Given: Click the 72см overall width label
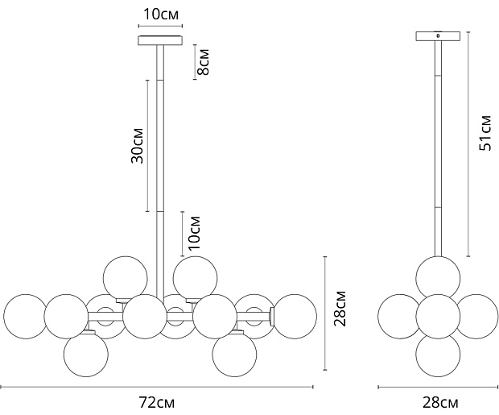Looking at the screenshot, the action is coord(157,403).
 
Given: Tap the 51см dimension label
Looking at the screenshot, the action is coord(485,133).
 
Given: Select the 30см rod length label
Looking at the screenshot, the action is coord(138,146).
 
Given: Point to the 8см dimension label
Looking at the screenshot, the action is coord(203,62).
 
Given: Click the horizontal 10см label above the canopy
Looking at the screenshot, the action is coord(161,15).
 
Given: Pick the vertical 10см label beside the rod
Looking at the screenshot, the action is coord(195,233).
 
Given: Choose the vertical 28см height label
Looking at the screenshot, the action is coord(340,308).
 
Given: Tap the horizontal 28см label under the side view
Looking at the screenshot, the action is coord(440,403).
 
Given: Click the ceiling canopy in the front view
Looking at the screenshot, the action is coord(160,40).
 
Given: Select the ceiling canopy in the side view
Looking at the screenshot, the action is coord(438,36).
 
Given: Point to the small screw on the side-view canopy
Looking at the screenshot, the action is coord(438,35).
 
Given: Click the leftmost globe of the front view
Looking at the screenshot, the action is coord(25,316).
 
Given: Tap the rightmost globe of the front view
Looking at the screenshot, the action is coord(295,316).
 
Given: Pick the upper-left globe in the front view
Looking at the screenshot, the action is coord(126,278).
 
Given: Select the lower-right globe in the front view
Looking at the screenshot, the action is coord(234,355).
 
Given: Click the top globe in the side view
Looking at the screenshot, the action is coord(438,278).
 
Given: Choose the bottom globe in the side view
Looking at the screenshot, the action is coord(438,355).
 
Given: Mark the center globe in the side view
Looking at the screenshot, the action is coord(438,316).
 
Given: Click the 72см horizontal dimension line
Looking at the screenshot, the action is coord(157,388).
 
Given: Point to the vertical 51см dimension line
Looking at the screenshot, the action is coord(468,143).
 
